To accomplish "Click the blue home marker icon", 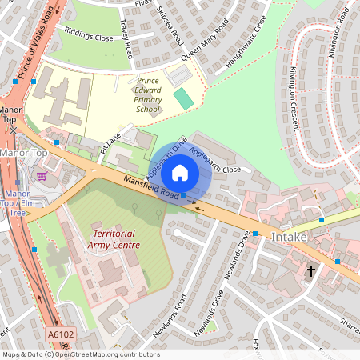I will pyautogui.click(x=180, y=172).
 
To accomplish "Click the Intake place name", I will pyautogui.click(x=289, y=238).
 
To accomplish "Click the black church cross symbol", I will pyautogui.click(x=311, y=271).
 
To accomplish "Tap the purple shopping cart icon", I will pyautogui.click(x=42, y=175).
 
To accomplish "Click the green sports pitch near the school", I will pyautogui.click(x=184, y=99).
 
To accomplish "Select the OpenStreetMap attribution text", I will pyautogui.click(x=80, y=354).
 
